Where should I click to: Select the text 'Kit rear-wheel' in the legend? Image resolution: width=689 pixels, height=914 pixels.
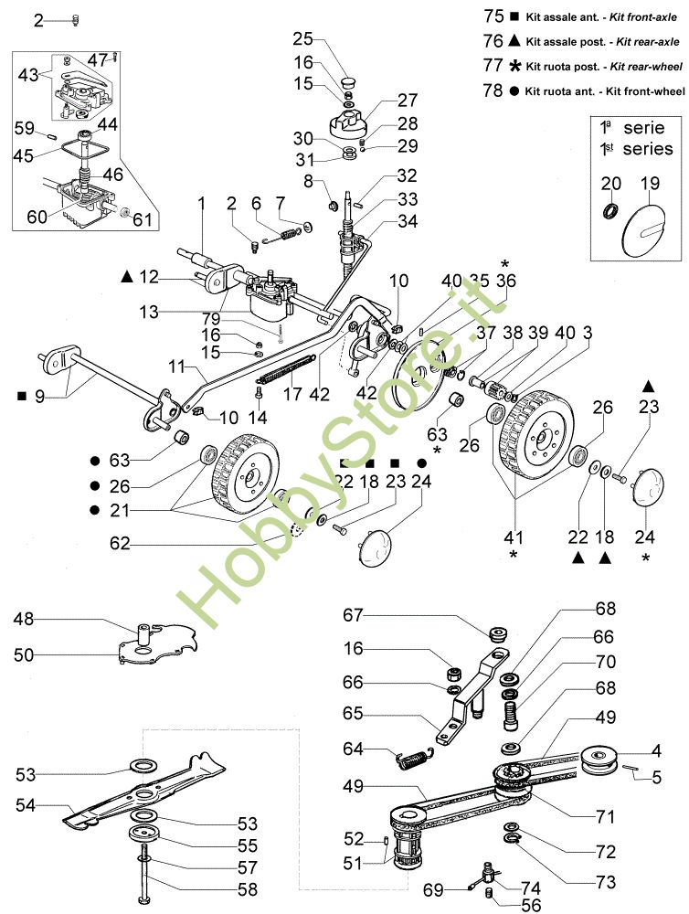pyautogui.click(x=646, y=67)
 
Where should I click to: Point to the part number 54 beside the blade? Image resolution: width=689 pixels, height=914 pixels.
pyautogui.click(x=27, y=805)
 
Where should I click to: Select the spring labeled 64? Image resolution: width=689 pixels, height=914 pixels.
pyautogui.click(x=415, y=755)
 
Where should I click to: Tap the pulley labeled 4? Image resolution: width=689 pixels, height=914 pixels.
pyautogui.click(x=601, y=759)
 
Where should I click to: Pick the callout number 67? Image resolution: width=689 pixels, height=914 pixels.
pyautogui.click(x=354, y=616)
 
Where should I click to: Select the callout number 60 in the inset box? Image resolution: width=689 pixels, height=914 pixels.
pyautogui.click(x=36, y=216)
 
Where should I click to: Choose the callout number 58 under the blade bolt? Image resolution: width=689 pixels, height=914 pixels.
pyautogui.click(x=247, y=887)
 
